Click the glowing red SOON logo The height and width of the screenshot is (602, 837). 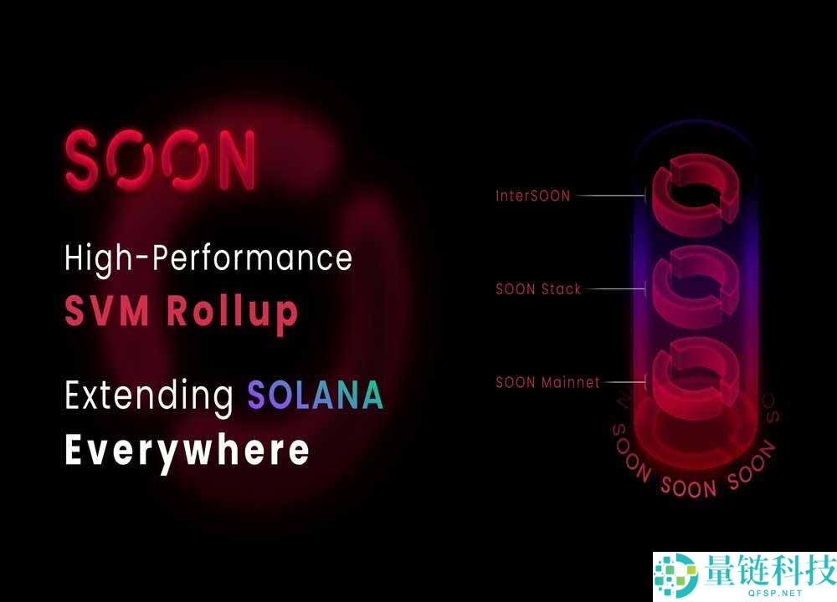[160, 159]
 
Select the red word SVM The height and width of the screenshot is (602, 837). [107, 310]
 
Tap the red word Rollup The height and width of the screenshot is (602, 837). [232, 313]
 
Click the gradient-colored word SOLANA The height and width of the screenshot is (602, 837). [316, 395]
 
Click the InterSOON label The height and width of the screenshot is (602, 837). [532, 196]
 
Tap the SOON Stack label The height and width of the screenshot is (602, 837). [538, 289]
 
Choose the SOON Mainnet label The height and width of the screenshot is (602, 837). [547, 382]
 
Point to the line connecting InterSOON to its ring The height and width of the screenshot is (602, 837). [611, 196]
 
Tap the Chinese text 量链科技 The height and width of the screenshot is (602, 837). [769, 569]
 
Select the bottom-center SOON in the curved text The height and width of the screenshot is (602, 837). [688, 487]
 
